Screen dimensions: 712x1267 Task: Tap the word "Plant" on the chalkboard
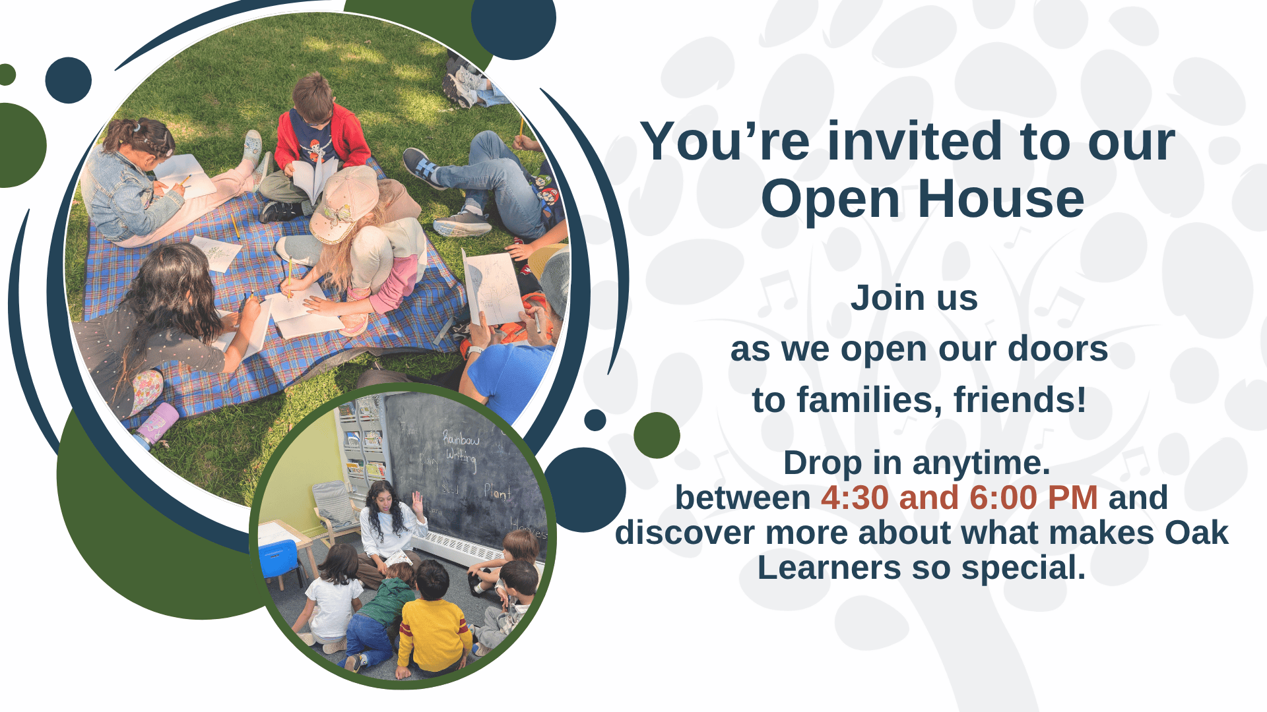point(497,492)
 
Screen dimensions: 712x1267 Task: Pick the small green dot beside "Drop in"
point(657,435)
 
